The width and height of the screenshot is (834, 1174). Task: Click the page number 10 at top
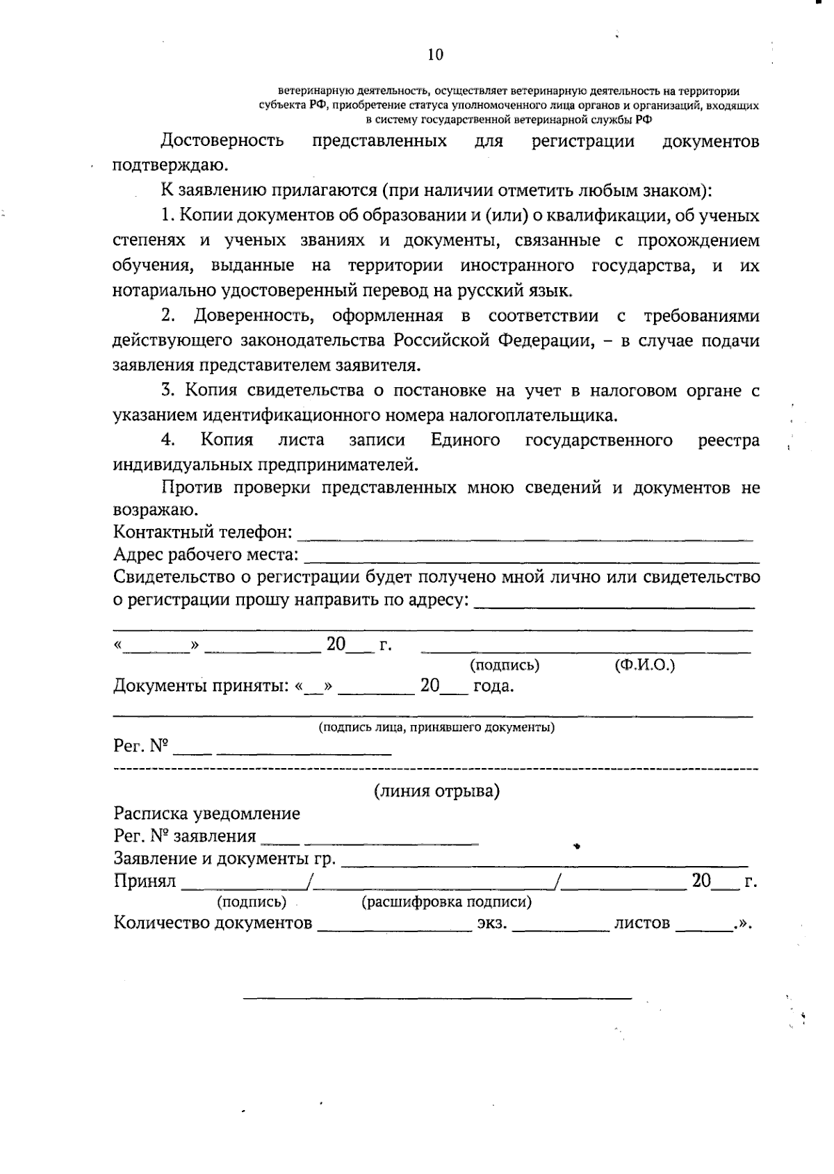point(435,56)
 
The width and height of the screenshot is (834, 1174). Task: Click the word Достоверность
point(222,141)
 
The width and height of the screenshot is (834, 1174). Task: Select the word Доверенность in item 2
point(253,316)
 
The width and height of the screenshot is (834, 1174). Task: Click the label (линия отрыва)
point(436,792)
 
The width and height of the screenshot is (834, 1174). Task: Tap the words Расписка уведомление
point(207,814)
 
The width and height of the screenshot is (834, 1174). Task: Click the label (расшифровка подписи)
point(447,903)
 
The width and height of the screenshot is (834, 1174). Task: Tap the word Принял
point(145,882)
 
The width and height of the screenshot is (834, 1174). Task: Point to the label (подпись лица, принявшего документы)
point(436,728)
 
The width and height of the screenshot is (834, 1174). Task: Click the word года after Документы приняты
point(493,687)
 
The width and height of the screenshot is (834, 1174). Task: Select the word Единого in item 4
point(465,441)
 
